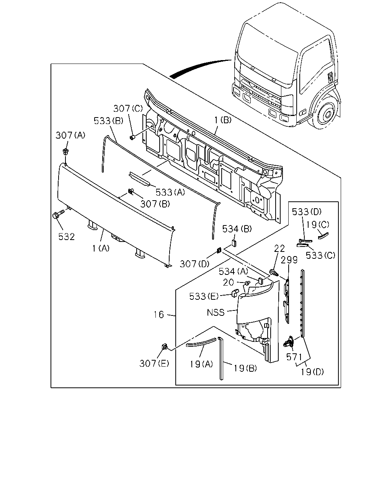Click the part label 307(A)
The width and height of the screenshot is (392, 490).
pos(70,135)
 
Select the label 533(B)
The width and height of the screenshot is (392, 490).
pos(108,121)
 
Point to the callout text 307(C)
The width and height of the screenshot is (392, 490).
pos(128,108)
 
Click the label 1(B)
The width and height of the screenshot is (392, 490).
pos(223,120)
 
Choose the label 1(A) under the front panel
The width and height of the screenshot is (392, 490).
pos(101,248)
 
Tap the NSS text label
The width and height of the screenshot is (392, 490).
pos(216,312)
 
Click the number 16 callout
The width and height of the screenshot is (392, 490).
pos(159,315)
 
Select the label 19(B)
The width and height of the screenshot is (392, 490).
pos(245,368)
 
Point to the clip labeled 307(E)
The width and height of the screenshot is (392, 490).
pos(165,353)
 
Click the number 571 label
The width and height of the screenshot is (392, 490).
pos(294,357)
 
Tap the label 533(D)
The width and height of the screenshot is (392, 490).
pos(307,212)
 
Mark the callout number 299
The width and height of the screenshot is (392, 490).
pos(289,260)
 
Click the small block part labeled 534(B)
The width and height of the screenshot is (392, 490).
pos(234,243)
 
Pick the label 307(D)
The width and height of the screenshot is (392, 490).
pos(194,264)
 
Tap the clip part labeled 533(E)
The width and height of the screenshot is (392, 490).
pos(235,293)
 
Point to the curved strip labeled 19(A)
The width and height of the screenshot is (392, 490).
pos(201,342)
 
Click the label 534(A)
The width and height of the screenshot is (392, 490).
pos(234,271)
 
